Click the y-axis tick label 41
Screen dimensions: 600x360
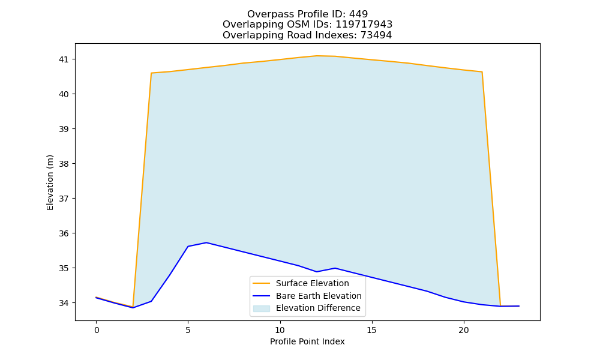pos(63,59)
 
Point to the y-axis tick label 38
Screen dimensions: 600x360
pos(63,164)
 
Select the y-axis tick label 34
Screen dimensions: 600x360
pos(63,304)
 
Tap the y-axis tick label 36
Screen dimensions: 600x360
pos(63,234)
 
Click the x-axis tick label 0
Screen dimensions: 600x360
pos(97,330)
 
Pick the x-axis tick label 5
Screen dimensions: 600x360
pos(188,330)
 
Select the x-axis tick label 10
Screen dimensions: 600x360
pos(280,330)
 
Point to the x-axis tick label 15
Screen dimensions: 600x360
pos(371,330)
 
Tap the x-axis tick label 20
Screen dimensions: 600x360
pos(463,330)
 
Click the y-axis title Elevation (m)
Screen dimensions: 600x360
pos(50,182)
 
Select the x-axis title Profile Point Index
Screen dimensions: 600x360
pos(307,341)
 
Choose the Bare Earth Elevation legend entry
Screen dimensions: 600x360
pos(307,296)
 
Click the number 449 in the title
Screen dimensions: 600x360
pos(359,14)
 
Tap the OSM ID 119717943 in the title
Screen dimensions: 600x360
pos(364,25)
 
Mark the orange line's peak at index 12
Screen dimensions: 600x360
pos(316,56)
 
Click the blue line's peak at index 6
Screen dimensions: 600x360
pos(206,242)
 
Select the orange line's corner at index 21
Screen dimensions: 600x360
pos(482,72)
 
